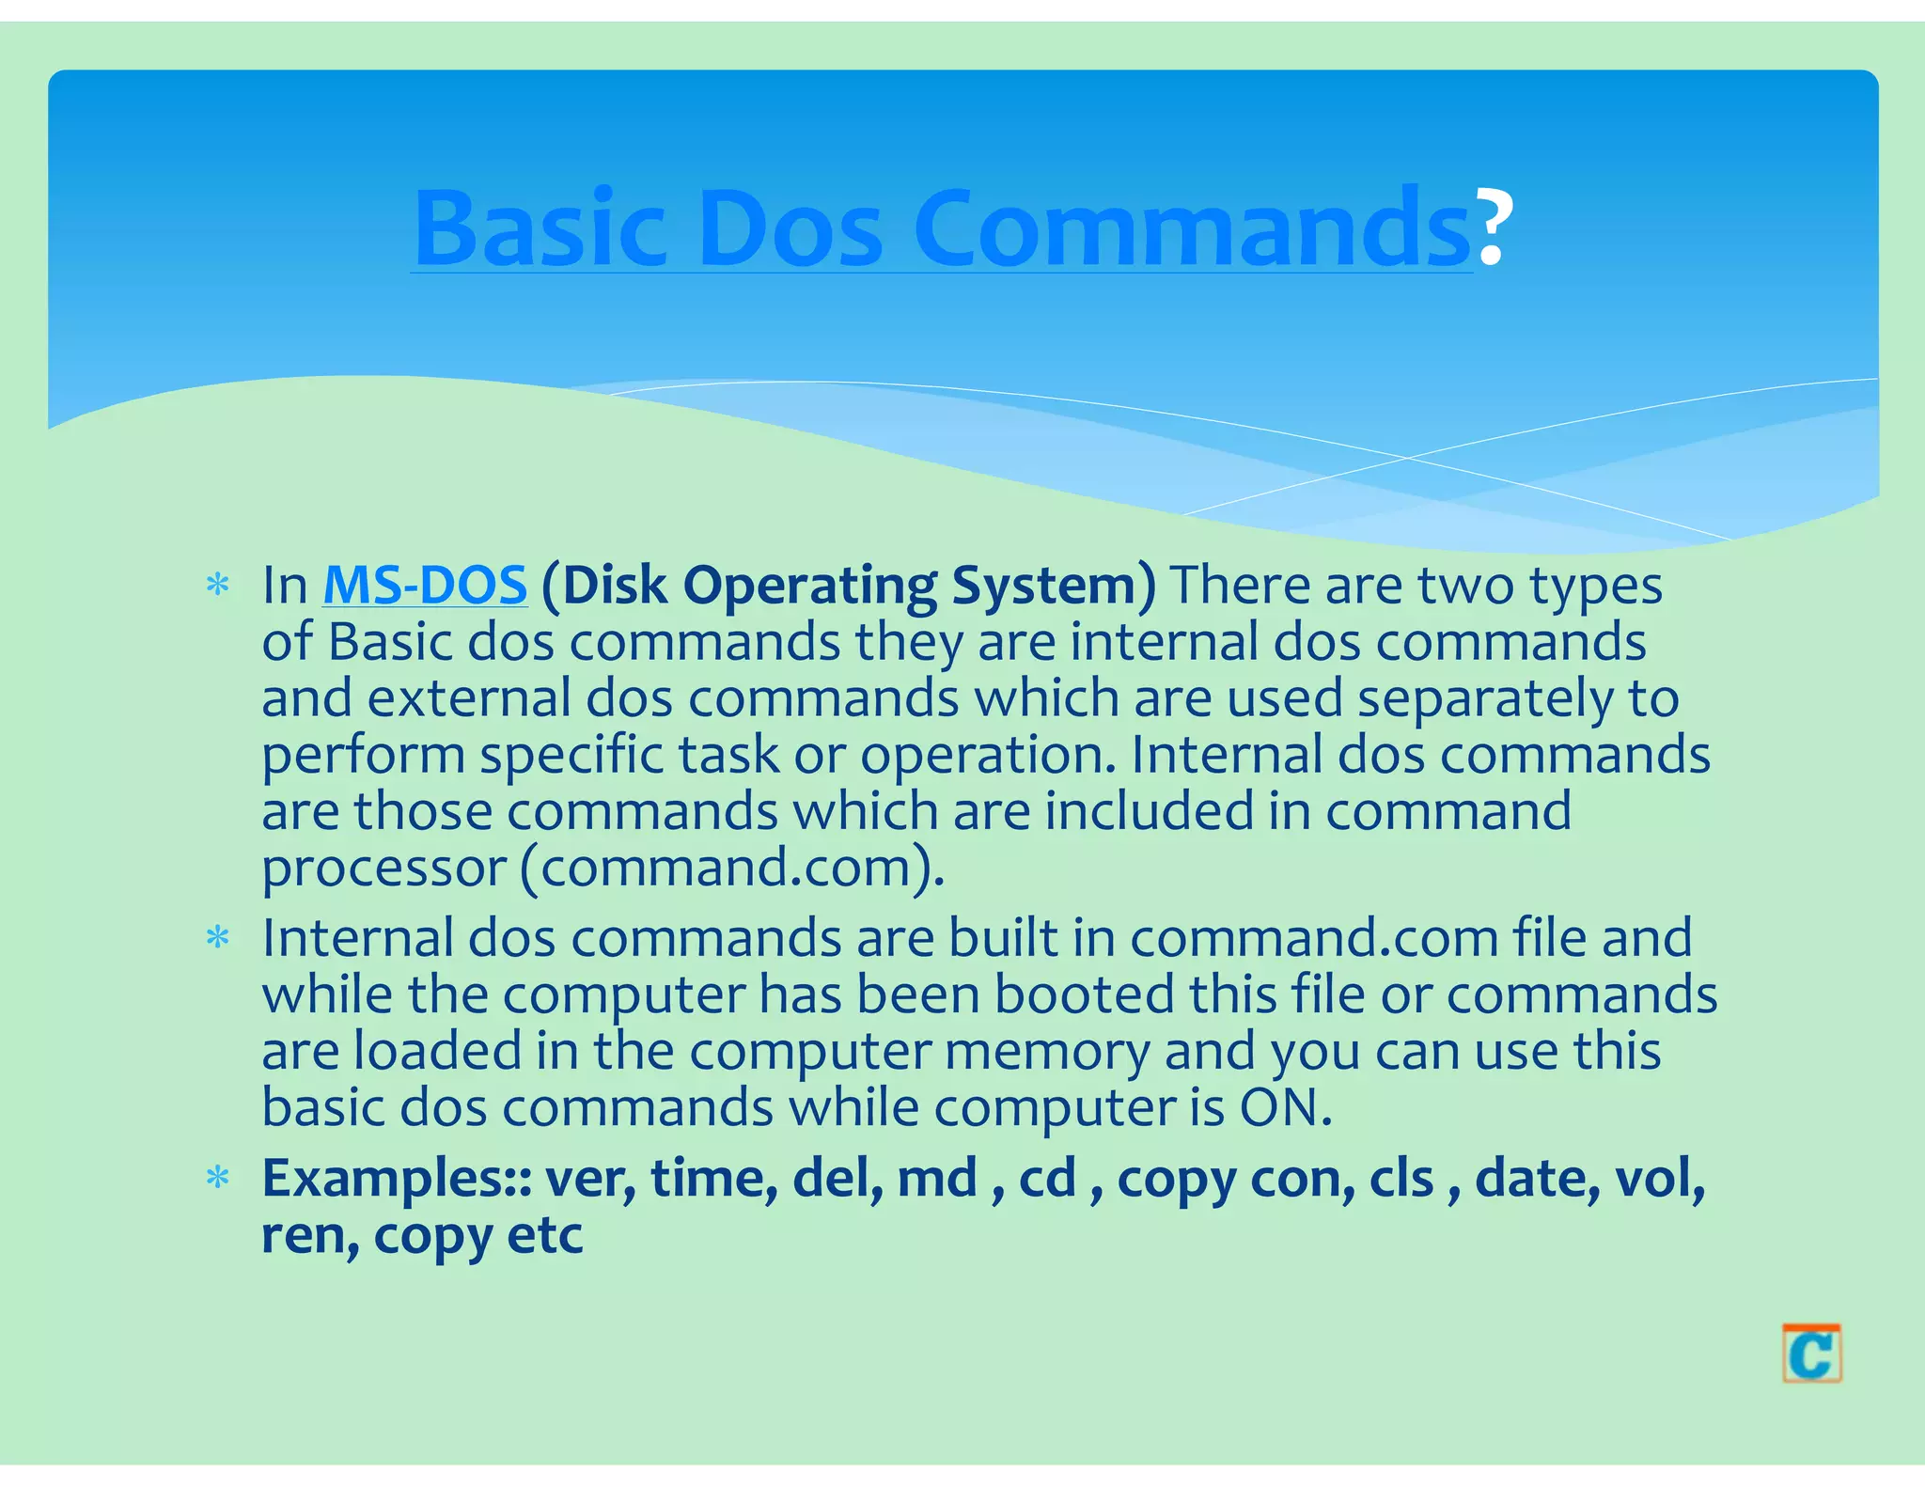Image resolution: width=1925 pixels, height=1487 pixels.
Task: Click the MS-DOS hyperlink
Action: pos(425,585)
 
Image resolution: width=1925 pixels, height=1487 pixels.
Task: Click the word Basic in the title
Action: pos(540,228)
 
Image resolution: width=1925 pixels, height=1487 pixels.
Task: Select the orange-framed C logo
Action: pos(1811,1354)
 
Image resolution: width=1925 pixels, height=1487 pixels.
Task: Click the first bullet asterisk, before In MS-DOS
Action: pos(218,587)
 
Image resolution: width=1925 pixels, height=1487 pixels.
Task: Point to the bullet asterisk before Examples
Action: pos(218,1179)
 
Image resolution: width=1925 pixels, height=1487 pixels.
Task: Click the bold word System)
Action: pos(1054,585)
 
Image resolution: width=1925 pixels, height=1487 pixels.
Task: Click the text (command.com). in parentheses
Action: pos(731,868)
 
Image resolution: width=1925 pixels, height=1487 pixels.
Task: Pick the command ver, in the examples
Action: pos(590,1179)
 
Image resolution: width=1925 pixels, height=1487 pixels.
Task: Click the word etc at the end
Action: pos(545,1235)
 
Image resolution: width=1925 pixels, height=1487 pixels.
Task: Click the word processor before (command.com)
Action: pos(383,868)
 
